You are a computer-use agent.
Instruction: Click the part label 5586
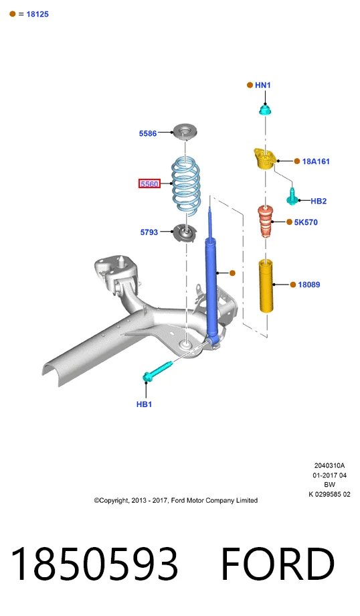(148, 133)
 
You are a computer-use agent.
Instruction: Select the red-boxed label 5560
(149, 183)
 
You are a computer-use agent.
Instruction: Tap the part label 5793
(149, 232)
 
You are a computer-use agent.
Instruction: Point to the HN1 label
(262, 85)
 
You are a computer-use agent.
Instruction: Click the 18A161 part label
(316, 161)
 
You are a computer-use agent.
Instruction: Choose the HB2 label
(319, 201)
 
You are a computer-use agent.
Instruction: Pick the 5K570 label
(306, 222)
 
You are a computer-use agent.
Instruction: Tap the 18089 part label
(309, 285)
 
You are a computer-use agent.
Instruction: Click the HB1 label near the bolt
(144, 404)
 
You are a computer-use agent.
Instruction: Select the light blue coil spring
(185, 187)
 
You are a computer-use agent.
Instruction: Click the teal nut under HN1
(266, 110)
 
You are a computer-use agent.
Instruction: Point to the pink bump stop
(266, 222)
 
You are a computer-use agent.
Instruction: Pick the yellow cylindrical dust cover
(266, 286)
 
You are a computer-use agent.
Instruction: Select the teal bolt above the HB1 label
(157, 371)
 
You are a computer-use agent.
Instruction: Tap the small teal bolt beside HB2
(292, 196)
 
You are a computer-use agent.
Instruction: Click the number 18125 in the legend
(37, 14)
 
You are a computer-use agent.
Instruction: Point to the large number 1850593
(94, 564)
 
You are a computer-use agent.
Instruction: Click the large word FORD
(278, 564)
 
